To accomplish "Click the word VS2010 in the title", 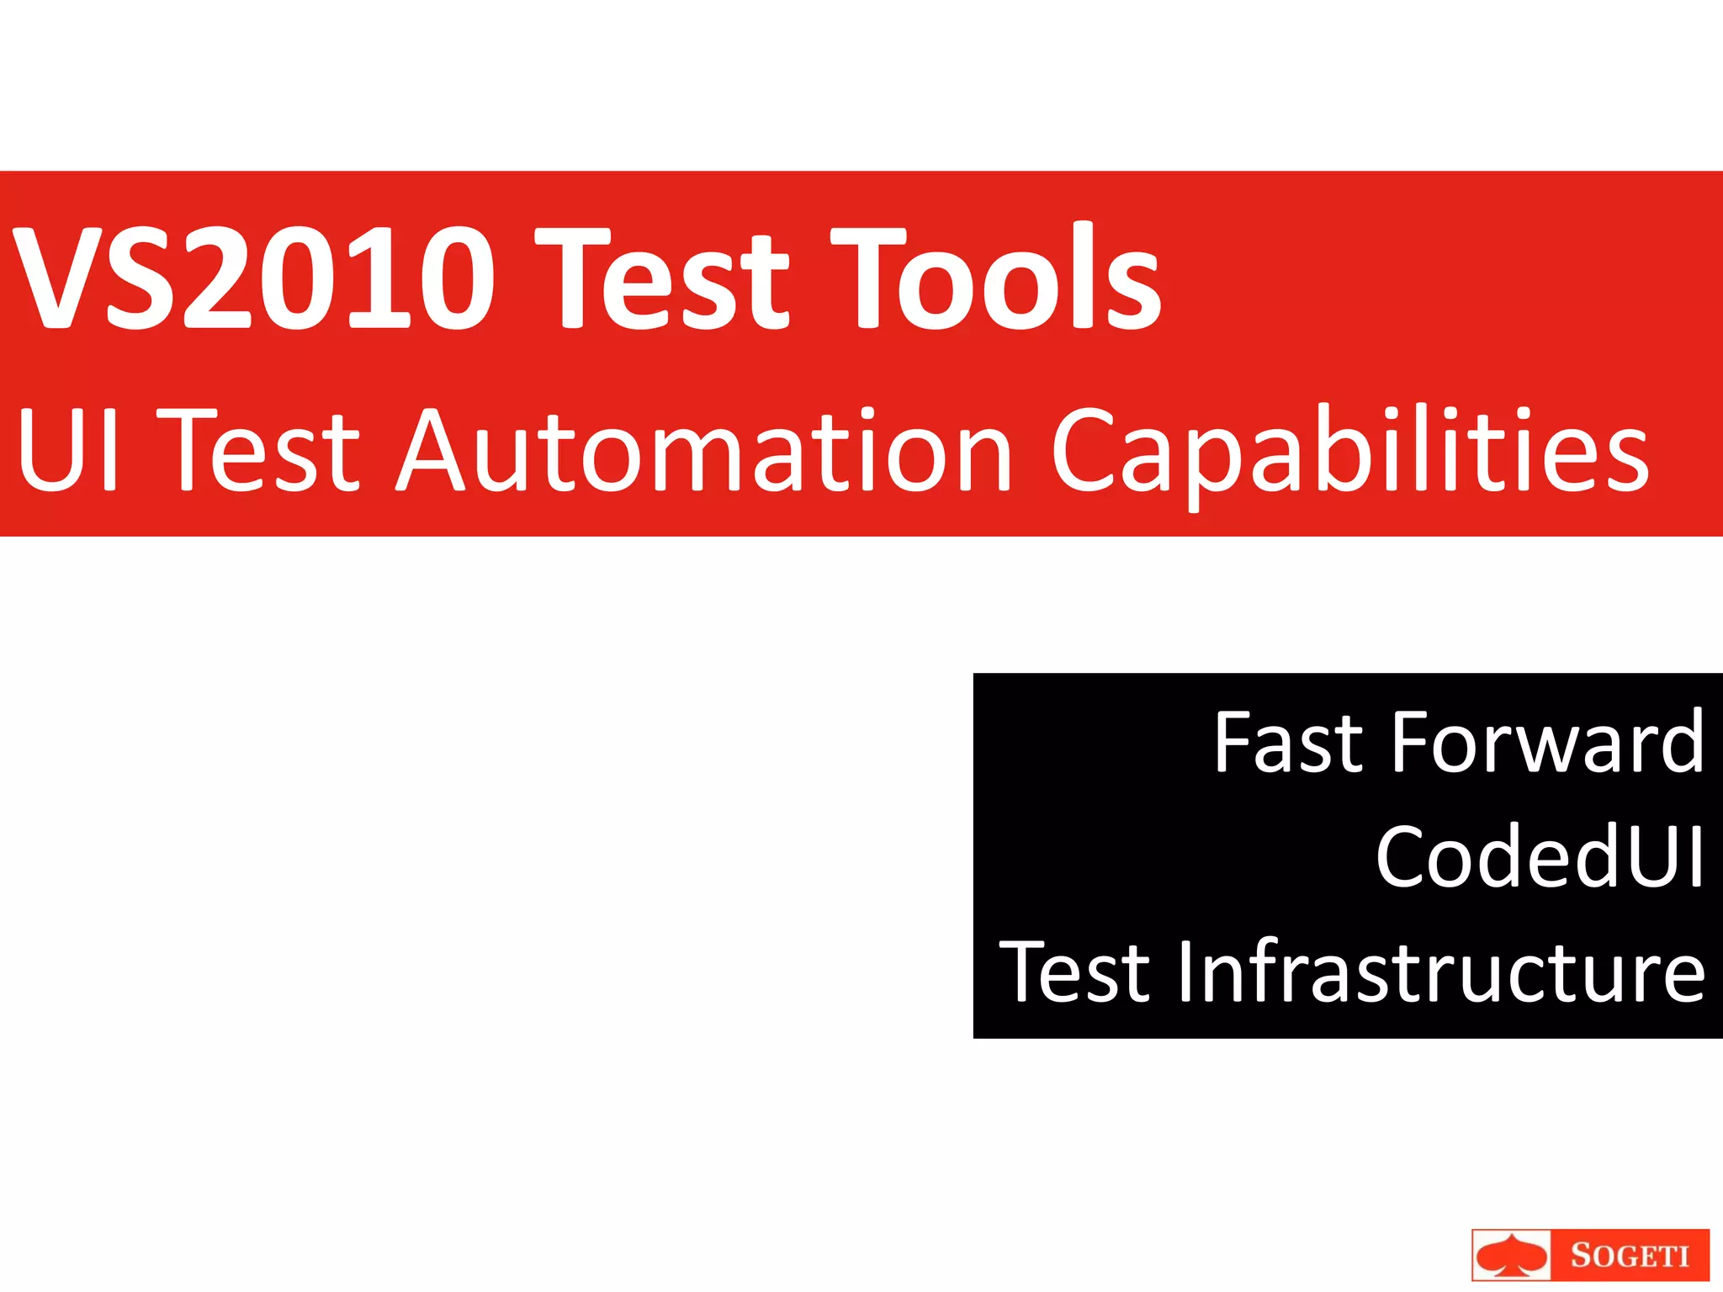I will point(252,278).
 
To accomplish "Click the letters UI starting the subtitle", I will point(67,450).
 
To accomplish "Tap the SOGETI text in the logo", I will point(1630,1256).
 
